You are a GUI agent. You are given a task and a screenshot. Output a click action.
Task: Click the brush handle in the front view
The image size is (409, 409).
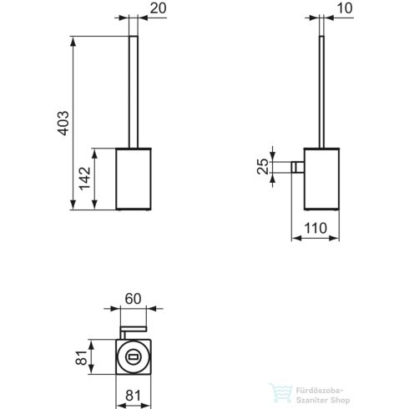(132, 92)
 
